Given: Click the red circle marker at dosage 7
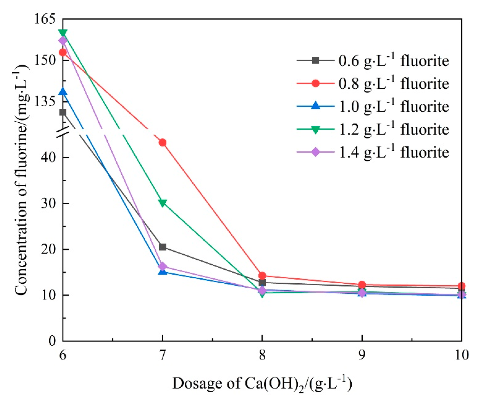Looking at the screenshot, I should pyautogui.click(x=162, y=143).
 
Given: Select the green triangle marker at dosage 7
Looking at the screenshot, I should pyautogui.click(x=162, y=203).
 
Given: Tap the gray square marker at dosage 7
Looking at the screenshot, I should pyautogui.click(x=162, y=247).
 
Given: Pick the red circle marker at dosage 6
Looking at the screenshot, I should pyautogui.click(x=63, y=53).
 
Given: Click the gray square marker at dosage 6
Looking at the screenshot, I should pyautogui.click(x=63, y=112).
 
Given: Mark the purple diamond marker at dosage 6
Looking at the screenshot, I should pyautogui.click(x=63, y=41).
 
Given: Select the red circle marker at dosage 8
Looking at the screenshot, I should pyautogui.click(x=262, y=275).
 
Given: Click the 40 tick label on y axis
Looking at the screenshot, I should pyautogui.click(x=48, y=157).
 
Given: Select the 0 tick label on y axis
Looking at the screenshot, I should pyautogui.click(x=52, y=341).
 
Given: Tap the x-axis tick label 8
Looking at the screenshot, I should pyautogui.click(x=262, y=355).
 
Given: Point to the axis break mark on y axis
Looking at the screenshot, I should pyautogui.click(x=63, y=132).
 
